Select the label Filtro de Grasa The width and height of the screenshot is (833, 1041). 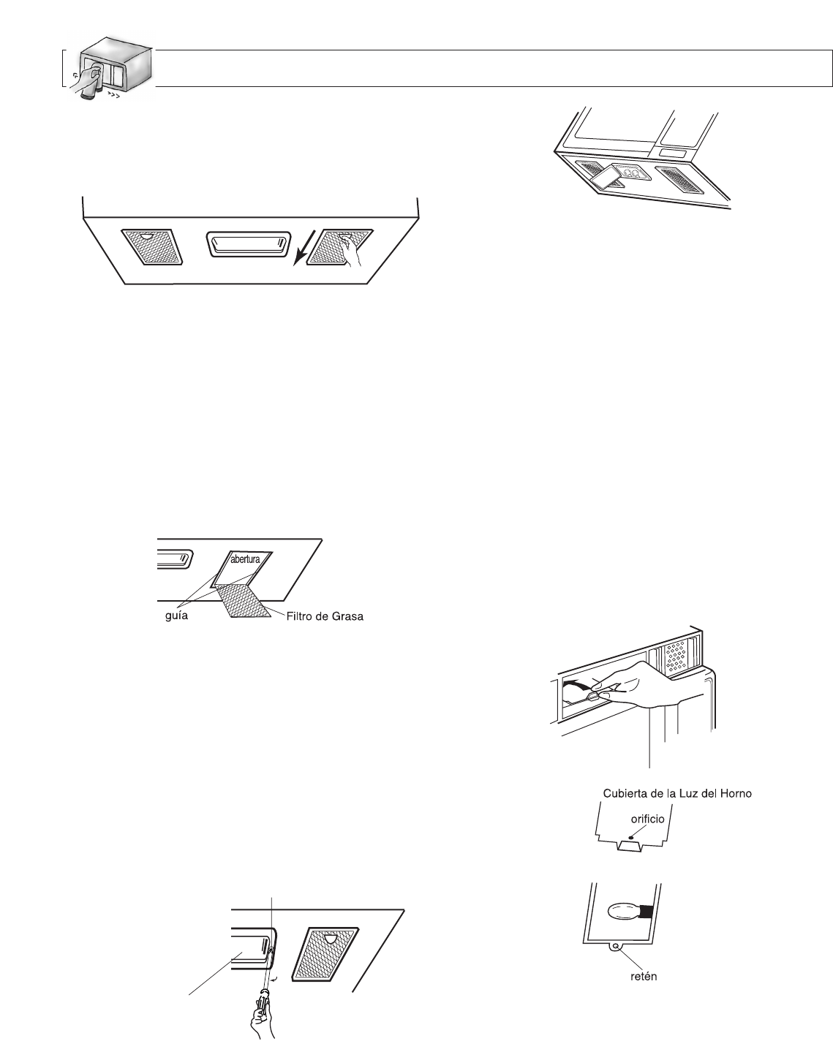[325, 616]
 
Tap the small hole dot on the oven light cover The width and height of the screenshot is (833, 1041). [631, 833]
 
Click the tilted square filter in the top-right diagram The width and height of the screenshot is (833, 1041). [606, 176]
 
